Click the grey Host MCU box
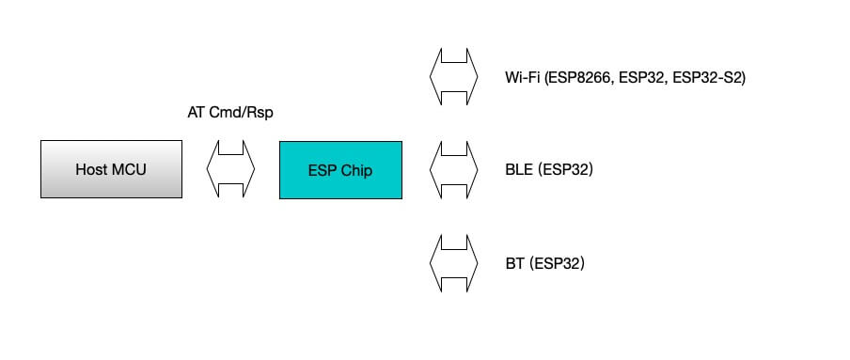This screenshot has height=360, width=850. (112, 169)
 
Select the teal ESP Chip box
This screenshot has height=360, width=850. (340, 169)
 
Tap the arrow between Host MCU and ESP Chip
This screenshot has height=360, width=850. (230, 169)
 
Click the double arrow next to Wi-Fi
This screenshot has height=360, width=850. (454, 77)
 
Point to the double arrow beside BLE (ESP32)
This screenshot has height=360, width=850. (454, 170)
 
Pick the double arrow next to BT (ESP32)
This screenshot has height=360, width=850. (454, 263)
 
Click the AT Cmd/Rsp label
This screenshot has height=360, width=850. (230, 113)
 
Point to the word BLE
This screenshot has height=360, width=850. (518, 170)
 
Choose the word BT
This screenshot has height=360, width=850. (514, 263)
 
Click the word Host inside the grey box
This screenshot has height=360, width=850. (92, 170)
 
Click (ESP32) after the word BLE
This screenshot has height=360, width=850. (564, 170)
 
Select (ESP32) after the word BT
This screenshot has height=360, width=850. (557, 263)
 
